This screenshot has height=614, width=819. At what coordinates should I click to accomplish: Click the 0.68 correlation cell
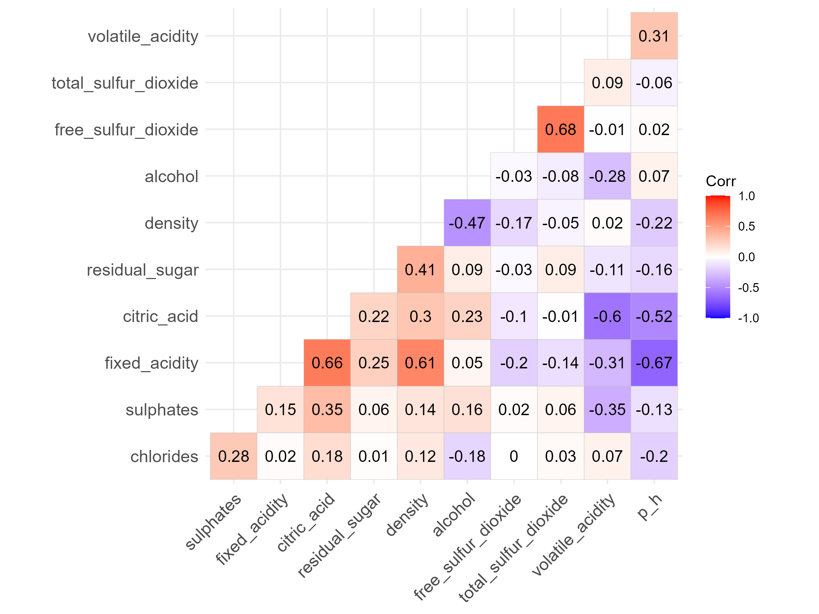[x=560, y=129]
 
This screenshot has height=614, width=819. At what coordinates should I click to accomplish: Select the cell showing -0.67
[x=654, y=363]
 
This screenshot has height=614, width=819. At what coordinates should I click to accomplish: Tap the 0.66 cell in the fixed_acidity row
[x=327, y=363]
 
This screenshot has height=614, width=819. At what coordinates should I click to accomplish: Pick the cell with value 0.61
[x=420, y=363]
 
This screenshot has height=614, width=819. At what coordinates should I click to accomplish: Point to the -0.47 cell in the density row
[x=467, y=223]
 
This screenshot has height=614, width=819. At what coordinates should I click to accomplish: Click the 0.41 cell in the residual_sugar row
[x=420, y=269]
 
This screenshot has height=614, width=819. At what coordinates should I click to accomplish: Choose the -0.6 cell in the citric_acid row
[x=607, y=316]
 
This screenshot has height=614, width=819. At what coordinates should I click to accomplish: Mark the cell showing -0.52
[x=654, y=316]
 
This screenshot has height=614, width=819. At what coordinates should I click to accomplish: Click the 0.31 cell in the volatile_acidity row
[x=654, y=36]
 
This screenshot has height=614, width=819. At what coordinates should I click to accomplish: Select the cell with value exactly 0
[x=514, y=456]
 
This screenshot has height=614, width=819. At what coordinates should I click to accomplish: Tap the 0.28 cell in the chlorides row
[x=234, y=456]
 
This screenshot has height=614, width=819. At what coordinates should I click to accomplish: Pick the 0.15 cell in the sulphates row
[x=280, y=410]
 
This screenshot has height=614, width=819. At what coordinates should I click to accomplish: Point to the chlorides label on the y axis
[x=164, y=457]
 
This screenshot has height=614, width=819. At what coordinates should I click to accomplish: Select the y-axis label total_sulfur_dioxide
[x=125, y=83]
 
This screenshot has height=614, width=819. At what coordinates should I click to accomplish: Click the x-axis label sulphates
[x=214, y=522]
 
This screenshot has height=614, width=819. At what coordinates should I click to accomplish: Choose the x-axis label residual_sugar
[x=340, y=535]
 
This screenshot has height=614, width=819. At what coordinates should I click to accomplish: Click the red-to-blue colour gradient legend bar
[x=718, y=257]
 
